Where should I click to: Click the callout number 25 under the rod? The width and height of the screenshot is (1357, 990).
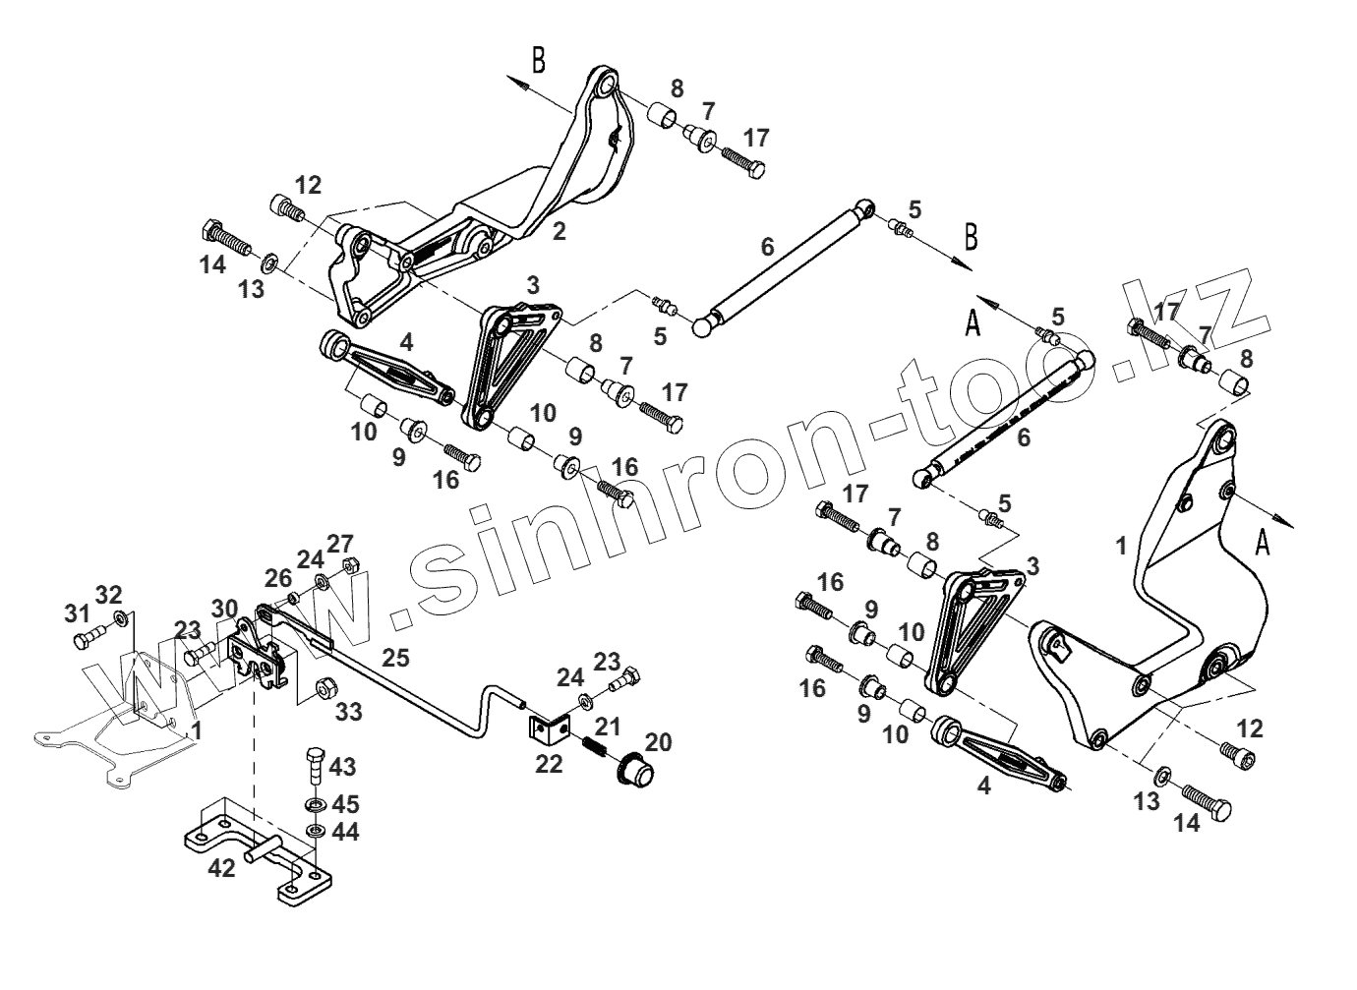[x=395, y=659]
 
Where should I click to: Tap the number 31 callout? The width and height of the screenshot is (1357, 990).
[x=77, y=612]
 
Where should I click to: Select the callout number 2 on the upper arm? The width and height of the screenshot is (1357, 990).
[x=559, y=232]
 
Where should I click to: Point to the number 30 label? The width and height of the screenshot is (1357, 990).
[x=224, y=609]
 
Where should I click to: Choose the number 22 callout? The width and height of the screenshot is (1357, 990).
[x=549, y=763]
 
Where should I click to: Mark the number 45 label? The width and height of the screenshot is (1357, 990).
[x=344, y=804]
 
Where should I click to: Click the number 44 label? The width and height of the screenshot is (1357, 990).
[x=344, y=832]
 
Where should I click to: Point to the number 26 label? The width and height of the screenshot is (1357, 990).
[x=277, y=577]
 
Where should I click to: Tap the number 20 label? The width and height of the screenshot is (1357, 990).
[x=658, y=742]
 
